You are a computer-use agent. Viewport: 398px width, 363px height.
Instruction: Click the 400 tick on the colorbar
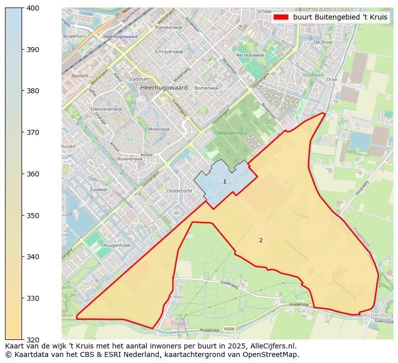click(x=23, y=8)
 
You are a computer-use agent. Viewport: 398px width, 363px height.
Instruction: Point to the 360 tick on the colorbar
click(x=23, y=174)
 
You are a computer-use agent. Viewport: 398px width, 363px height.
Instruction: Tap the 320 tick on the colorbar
click(x=23, y=339)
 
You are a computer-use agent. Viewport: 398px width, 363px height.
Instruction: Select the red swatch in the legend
click(x=281, y=17)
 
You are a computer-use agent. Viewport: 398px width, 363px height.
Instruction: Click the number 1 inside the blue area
click(x=225, y=181)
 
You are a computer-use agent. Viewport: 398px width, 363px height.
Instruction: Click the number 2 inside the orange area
click(x=261, y=240)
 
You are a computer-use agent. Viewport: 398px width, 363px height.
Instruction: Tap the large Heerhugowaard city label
click(x=164, y=88)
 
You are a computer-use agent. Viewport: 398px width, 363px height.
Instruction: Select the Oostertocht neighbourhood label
click(x=179, y=191)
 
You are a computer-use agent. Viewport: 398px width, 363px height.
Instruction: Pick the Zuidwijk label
click(x=98, y=190)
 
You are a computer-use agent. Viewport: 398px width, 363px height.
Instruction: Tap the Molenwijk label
click(x=159, y=129)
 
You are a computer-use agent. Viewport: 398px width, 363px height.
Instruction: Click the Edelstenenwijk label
click(x=106, y=109)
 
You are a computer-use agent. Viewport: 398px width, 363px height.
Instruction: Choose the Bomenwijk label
click(x=207, y=88)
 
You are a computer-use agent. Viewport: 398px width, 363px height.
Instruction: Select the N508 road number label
click(x=229, y=329)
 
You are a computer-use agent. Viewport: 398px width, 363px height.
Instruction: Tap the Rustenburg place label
click(x=379, y=315)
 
